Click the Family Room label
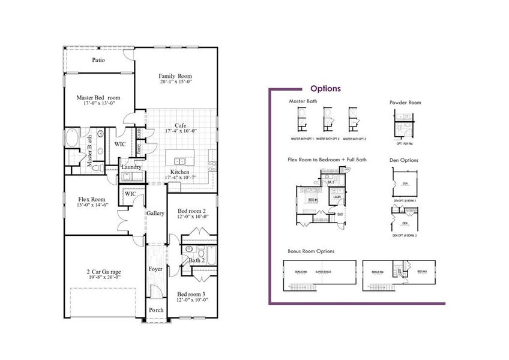175,76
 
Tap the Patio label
99,60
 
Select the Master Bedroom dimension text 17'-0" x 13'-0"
99,104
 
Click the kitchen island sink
179,160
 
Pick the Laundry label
131,167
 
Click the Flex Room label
92,199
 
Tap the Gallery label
155,214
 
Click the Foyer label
155,269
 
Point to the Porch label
156,310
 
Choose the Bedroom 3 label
192,294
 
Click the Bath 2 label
198,260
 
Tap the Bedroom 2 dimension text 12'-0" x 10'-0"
193,217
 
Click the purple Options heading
326,88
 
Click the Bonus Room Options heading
312,251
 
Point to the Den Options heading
404,160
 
